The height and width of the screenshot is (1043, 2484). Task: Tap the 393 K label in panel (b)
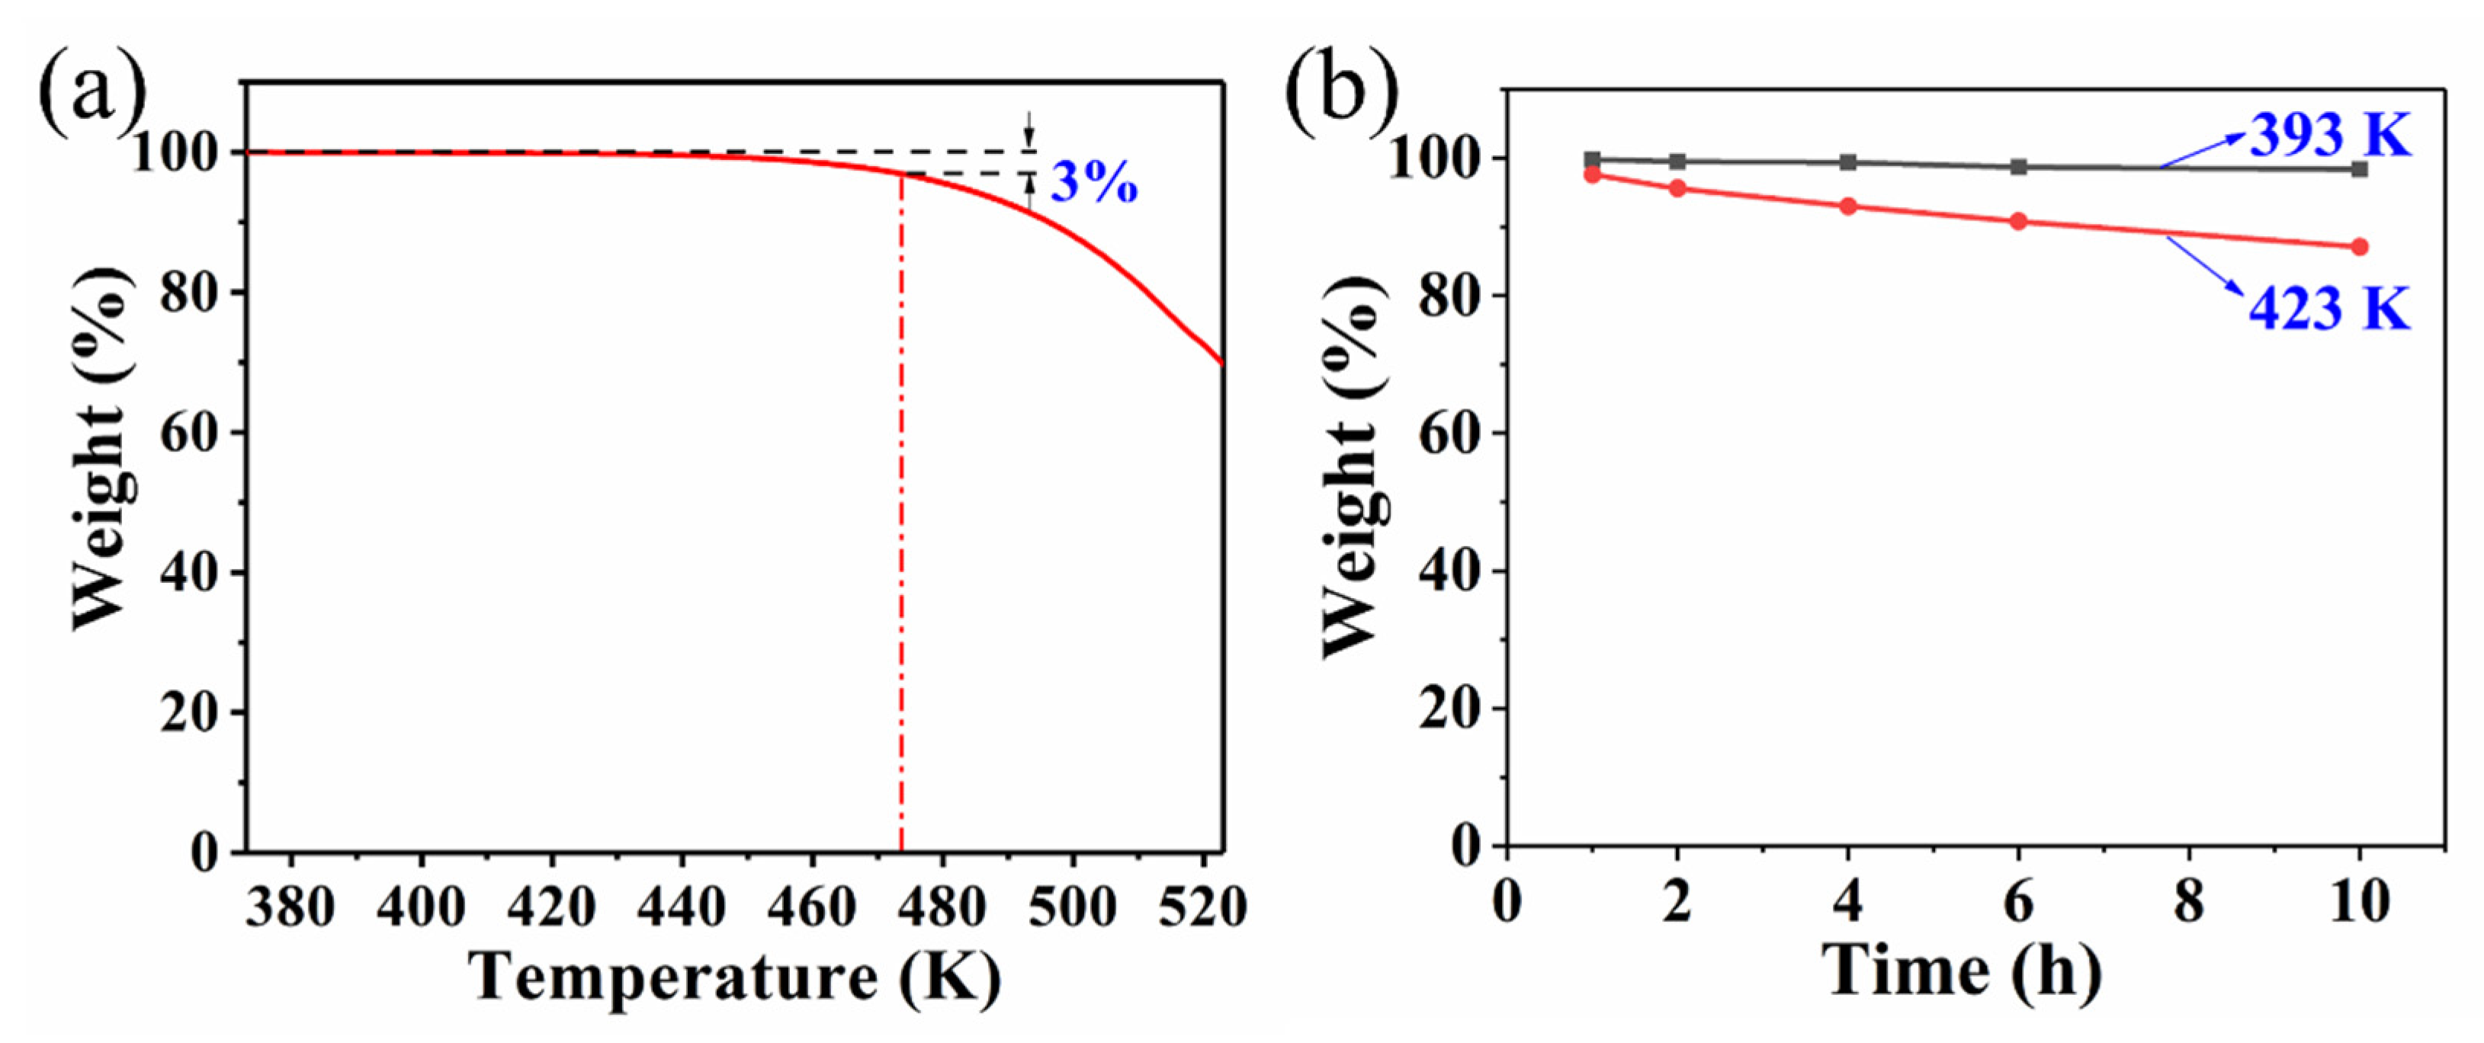tap(2328, 135)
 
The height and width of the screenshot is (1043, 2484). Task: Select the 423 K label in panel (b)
tap(2328, 309)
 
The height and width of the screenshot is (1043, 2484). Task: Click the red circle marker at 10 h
tap(2360, 247)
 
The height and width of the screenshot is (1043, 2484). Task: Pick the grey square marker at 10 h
tap(2360, 170)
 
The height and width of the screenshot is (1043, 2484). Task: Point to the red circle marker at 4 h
tap(1849, 206)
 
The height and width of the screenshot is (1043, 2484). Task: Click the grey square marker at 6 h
tap(2018, 167)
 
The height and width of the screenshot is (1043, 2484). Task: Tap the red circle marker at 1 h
tap(1592, 174)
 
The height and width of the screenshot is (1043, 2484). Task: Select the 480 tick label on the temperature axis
tap(942, 907)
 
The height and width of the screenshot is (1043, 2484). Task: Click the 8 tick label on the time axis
tap(2189, 902)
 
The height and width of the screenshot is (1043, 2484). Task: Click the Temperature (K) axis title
tap(735, 977)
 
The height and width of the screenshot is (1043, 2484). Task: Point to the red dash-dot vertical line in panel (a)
tap(900, 530)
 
